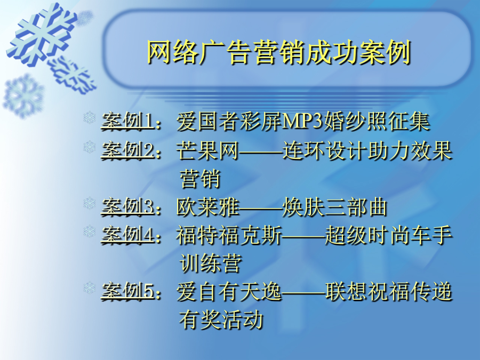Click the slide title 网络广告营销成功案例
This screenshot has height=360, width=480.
279,52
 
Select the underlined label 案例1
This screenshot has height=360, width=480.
127,121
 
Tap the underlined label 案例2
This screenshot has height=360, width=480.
127,150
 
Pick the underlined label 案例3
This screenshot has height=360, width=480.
127,206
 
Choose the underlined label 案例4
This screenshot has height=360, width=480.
127,235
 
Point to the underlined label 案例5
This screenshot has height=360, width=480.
127,291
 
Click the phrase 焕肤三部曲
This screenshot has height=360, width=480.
335,207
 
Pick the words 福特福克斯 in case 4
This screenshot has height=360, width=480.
229,235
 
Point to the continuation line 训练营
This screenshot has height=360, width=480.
211,263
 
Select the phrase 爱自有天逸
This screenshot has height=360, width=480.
229,291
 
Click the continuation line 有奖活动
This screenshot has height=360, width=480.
221,319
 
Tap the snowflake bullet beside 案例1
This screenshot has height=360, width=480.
90,118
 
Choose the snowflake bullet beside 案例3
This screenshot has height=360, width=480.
90,204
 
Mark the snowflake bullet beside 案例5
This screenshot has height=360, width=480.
90,288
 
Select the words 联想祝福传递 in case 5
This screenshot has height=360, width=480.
389,291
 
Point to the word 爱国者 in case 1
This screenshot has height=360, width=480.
207,121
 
